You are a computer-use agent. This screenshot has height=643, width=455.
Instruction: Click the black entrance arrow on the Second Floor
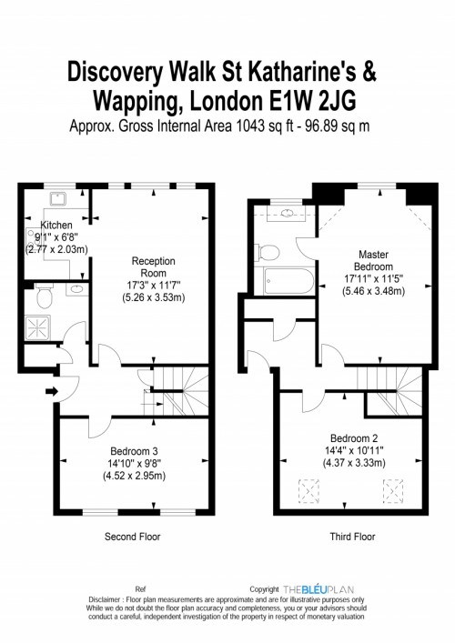(52, 392)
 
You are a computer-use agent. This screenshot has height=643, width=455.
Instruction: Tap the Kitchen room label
(56, 226)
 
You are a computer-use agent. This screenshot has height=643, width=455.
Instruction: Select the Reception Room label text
(154, 267)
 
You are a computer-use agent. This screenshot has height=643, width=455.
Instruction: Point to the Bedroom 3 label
(134, 451)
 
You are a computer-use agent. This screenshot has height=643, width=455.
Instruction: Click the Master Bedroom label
(373, 260)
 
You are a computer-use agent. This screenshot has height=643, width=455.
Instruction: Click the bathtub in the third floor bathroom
(289, 281)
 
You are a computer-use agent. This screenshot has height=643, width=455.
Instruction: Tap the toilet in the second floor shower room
(44, 296)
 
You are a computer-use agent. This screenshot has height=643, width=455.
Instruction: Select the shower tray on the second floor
(37, 327)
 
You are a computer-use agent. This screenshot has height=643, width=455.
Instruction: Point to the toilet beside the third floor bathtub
(267, 252)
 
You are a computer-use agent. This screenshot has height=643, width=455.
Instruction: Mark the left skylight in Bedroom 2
(308, 491)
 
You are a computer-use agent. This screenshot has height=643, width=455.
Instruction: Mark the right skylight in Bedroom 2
(393, 491)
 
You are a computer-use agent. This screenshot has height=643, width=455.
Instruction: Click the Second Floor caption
(133, 537)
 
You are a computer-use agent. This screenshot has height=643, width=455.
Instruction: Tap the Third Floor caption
(352, 537)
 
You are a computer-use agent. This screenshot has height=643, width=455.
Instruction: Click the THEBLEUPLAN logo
(318, 589)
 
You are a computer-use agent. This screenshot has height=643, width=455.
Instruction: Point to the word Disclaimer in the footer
(105, 599)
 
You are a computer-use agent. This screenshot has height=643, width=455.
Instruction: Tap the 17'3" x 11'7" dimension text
(154, 285)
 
